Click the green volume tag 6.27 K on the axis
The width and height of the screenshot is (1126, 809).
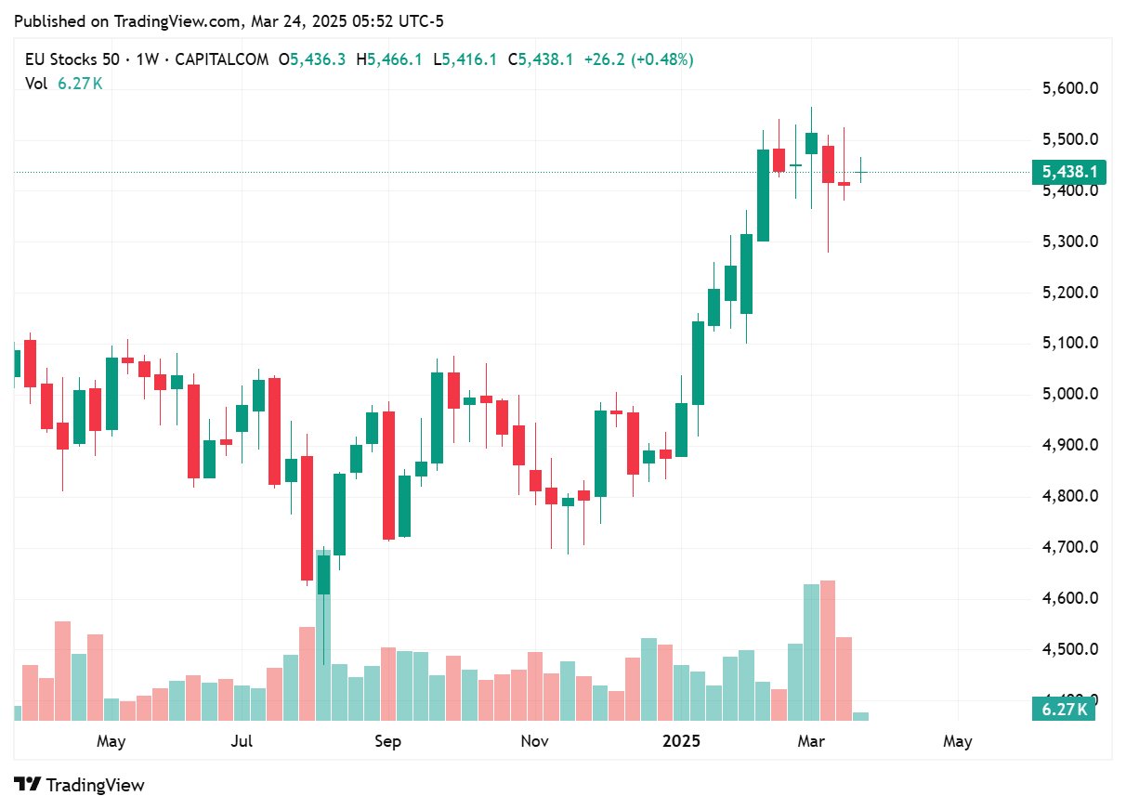(x=1063, y=710)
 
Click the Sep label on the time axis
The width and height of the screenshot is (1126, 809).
(x=387, y=741)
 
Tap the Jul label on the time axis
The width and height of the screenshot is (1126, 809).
(x=242, y=741)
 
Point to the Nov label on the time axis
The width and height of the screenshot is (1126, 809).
(x=534, y=741)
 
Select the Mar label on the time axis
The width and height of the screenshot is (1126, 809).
(x=812, y=741)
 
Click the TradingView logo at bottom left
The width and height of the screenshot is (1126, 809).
(x=80, y=785)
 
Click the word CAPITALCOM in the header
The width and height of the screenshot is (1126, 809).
(x=222, y=59)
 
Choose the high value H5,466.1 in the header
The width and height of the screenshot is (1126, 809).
(x=388, y=59)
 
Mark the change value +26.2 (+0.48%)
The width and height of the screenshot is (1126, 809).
(x=638, y=59)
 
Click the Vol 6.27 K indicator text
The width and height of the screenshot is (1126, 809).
(x=64, y=84)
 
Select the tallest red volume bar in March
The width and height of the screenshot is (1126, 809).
(x=828, y=650)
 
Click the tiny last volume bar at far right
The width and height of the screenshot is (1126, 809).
(x=860, y=716)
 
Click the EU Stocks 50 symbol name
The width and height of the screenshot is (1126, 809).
(x=72, y=59)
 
